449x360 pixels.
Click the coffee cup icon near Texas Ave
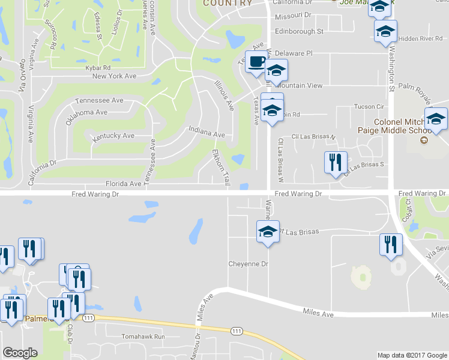tap(256, 61)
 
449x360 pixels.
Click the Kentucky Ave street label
tap(113, 136)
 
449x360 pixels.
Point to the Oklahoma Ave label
tap(86, 112)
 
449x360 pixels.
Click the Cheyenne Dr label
tap(247, 264)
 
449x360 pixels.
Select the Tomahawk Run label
tap(143, 337)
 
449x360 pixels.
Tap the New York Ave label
tap(115, 76)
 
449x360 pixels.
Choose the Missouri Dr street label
tap(292, 14)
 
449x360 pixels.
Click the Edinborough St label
tap(299, 31)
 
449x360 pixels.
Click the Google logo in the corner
tap(20, 353)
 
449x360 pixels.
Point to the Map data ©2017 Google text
tap(411, 355)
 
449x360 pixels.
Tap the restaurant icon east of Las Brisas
tap(390, 245)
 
